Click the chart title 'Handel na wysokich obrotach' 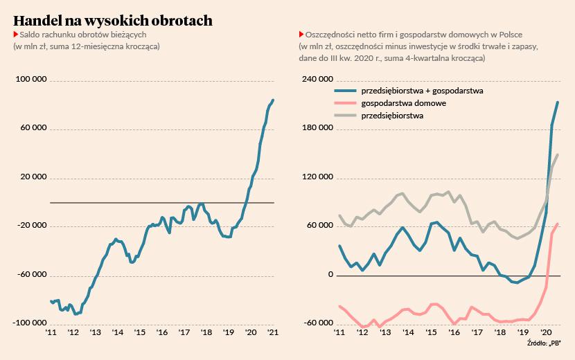(113, 21)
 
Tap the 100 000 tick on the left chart (31, 80)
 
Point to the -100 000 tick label (30, 323)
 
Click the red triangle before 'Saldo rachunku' (15, 34)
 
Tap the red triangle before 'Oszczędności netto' (301, 34)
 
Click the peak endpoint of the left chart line (273, 100)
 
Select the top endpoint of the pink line (558, 223)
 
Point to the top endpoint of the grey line (558, 154)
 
